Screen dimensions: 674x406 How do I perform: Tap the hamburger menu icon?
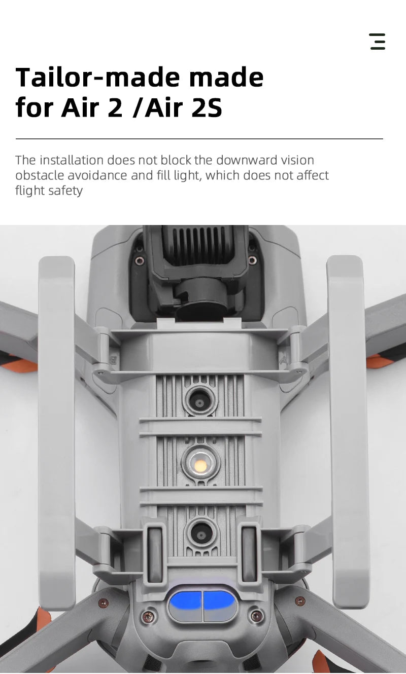pyautogui.click(x=378, y=42)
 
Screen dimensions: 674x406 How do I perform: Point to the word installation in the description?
pyautogui.click(x=71, y=160)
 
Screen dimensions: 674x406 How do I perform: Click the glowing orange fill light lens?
pyautogui.click(x=200, y=465)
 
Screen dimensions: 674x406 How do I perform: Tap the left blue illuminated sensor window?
pyautogui.click(x=185, y=602)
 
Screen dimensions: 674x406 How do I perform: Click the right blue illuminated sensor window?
pyautogui.click(x=219, y=602)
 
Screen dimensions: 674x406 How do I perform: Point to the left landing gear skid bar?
pyautogui.click(x=57, y=431)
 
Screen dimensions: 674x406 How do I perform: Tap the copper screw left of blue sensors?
pyautogui.click(x=148, y=616)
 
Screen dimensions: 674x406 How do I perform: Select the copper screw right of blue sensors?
pyautogui.click(x=257, y=616)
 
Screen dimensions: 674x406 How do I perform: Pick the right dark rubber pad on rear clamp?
pyautogui.click(x=249, y=554)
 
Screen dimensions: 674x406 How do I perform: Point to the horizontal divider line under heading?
pyautogui.click(x=199, y=138)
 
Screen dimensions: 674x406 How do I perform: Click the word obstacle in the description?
pyautogui.click(x=40, y=176)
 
